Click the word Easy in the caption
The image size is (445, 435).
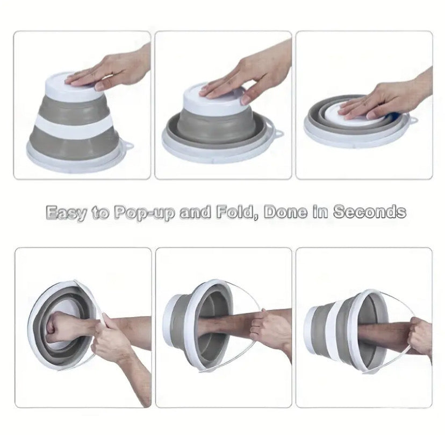point(66,212)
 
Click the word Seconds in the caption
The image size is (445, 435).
point(369,212)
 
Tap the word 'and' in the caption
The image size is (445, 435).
point(195,212)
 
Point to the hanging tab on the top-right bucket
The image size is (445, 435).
point(413,120)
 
